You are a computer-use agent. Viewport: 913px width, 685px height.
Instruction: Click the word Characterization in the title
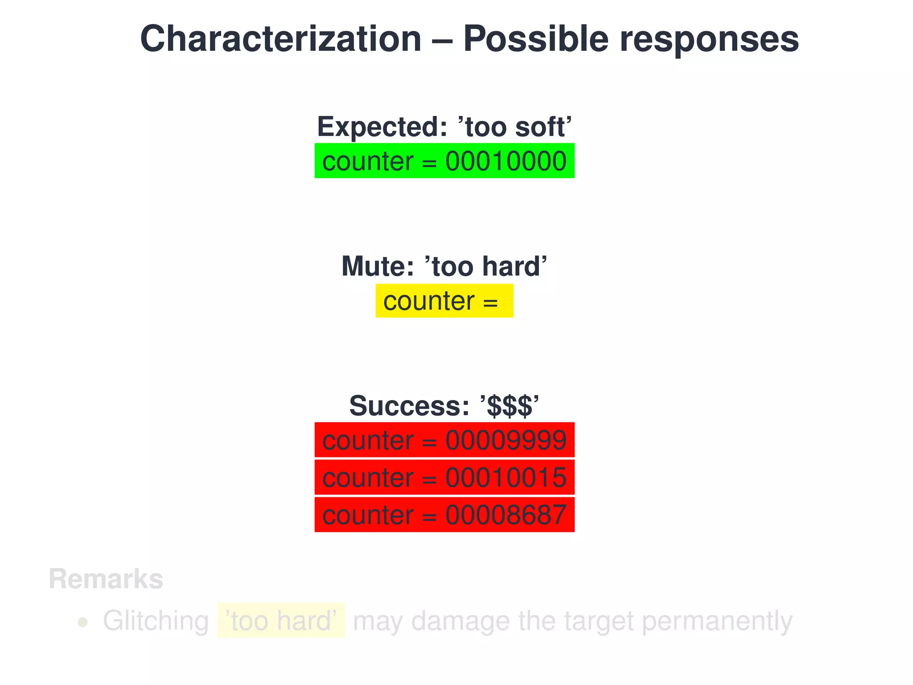point(281,39)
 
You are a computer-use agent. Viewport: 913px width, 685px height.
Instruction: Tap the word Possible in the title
point(535,39)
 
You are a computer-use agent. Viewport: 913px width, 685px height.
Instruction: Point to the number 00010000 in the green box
point(506,161)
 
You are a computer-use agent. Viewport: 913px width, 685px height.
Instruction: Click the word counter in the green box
point(368,162)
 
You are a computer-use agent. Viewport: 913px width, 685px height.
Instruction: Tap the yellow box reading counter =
point(444,301)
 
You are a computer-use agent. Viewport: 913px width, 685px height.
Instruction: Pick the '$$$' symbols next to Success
point(509,406)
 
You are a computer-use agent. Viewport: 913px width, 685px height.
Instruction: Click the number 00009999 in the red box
point(506,441)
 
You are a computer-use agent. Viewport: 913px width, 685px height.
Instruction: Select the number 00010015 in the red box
point(506,478)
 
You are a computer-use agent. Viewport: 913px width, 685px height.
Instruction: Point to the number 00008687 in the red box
point(506,515)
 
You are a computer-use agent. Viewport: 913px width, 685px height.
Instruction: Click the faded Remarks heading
point(106,579)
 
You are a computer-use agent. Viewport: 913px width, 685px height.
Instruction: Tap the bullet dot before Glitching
point(82,622)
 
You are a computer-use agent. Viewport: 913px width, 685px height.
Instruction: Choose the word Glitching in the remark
point(156,621)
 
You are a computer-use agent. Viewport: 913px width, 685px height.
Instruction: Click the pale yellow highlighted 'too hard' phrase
point(281,620)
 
